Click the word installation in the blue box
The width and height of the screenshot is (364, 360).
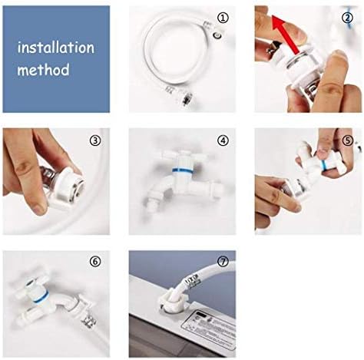tap(56, 48)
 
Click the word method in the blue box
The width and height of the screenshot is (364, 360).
tap(43, 70)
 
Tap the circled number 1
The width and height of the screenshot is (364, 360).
tap(223, 18)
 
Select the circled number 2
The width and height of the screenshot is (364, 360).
tap(347, 18)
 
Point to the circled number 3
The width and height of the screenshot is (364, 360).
tap(95, 140)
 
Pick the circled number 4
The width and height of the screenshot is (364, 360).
tap(223, 140)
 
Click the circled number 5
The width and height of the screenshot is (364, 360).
tap(348, 140)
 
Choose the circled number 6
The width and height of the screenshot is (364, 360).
tap(95, 262)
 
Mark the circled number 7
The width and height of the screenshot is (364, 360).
tap(223, 262)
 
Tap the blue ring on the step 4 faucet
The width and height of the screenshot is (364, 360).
tap(183, 170)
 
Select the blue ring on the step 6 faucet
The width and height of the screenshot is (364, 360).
tap(41, 298)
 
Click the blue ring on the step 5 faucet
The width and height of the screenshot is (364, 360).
tap(324, 166)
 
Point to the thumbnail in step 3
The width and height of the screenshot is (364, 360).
tap(38, 207)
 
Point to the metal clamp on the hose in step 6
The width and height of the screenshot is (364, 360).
tap(89, 320)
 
